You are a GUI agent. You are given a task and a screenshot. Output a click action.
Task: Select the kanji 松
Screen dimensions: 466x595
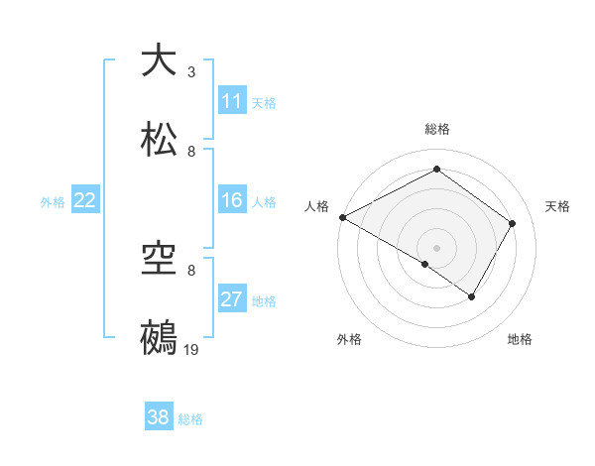click(159, 139)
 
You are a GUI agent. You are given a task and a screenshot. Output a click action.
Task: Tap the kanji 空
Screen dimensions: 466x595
click(159, 260)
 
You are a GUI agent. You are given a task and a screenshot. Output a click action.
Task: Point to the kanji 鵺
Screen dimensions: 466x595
click(159, 337)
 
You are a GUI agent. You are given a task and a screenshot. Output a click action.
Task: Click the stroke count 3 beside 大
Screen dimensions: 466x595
click(191, 72)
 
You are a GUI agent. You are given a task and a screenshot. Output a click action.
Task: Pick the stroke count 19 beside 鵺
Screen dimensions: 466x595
click(191, 350)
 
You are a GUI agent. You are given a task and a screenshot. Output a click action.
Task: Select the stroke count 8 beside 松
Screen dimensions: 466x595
click(191, 152)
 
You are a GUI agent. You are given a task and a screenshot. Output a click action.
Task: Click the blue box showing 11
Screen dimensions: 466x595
click(232, 101)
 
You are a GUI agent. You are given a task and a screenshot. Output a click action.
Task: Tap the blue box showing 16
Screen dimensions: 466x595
click(232, 200)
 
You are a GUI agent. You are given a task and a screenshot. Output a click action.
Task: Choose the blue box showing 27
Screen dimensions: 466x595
click(232, 299)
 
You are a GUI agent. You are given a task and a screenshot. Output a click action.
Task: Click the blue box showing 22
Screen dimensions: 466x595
click(85, 200)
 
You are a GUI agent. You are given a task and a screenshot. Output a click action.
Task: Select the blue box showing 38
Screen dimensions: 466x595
click(159, 417)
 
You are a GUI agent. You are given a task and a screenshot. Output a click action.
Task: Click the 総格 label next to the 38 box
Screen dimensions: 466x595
click(190, 419)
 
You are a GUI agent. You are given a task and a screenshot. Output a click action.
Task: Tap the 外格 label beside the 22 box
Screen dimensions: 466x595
click(53, 201)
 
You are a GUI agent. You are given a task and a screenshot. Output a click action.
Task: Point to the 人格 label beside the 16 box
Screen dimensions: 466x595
click(264, 201)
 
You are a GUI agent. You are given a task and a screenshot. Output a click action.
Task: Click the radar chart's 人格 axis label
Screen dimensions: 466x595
click(317, 206)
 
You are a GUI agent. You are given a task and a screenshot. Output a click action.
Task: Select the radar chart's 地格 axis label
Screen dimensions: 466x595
click(520, 339)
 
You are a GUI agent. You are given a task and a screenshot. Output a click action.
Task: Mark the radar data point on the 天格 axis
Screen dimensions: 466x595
click(513, 223)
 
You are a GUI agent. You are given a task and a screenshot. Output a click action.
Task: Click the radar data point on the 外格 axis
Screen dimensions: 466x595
click(425, 264)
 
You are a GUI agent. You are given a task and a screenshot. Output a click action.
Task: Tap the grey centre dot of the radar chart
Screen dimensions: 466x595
click(436, 247)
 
